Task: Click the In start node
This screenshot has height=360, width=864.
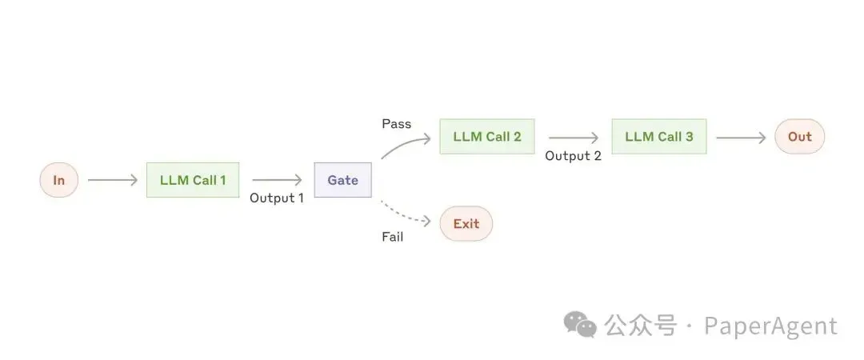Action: point(59,180)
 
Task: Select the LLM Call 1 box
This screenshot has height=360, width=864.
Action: point(193,180)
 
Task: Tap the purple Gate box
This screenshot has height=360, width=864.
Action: point(342,180)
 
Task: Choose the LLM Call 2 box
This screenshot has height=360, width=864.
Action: point(487,137)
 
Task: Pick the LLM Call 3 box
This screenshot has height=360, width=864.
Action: point(659,137)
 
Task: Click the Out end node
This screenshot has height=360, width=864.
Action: point(799,137)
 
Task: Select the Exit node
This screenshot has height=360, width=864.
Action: point(466,224)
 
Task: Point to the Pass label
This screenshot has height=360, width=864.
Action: point(397,124)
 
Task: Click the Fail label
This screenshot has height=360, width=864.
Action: point(392,237)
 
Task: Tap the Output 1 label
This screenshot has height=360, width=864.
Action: point(277,198)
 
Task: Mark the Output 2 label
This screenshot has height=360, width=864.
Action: point(573,156)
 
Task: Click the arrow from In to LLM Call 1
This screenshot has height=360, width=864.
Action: point(113,180)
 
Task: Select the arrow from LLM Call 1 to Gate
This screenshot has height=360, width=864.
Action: point(277,180)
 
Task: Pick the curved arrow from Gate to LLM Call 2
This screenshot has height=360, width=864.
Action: point(405,145)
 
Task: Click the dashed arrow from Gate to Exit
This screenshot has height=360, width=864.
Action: point(405,214)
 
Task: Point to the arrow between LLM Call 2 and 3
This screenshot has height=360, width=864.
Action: point(574,138)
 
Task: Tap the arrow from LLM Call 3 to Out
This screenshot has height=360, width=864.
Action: point(741,138)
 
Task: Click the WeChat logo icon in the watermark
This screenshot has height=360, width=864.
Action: point(580,325)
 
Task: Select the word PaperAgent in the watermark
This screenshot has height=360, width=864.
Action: point(771,326)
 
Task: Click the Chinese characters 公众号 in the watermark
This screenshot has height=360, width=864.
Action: point(640,326)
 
